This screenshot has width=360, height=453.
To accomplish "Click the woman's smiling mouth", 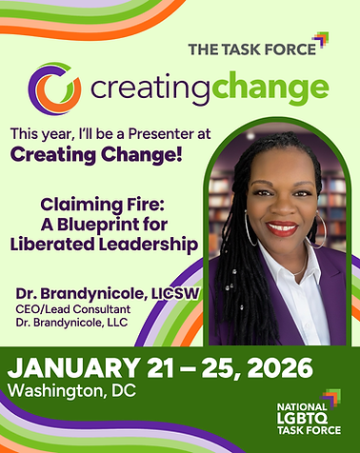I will coord(282,227).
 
